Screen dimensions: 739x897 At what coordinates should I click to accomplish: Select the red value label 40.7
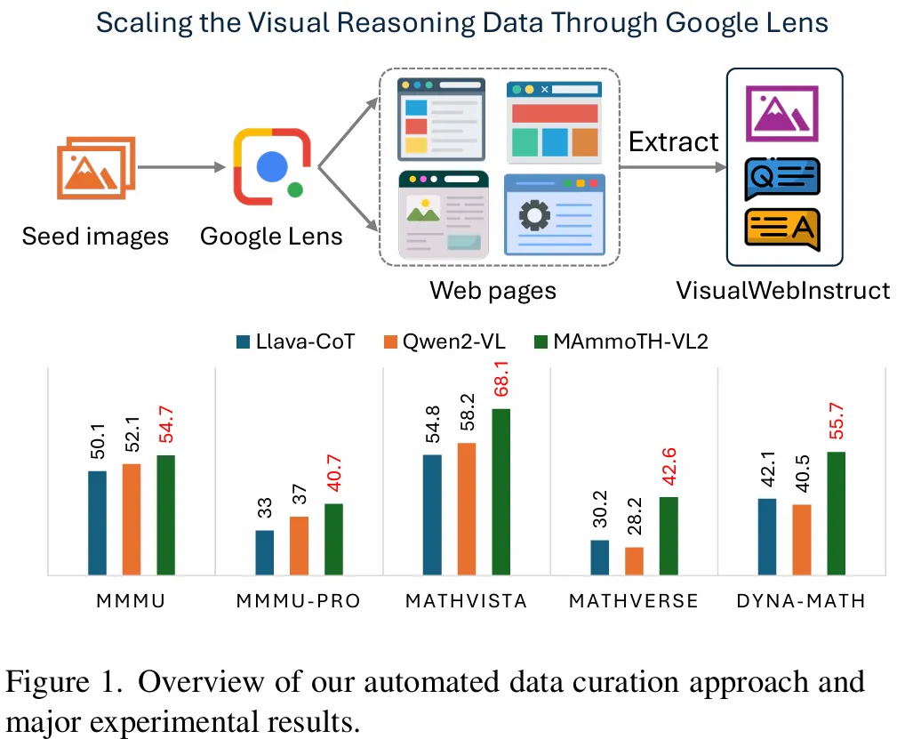point(333,477)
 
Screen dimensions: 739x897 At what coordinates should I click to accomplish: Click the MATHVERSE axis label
point(634,601)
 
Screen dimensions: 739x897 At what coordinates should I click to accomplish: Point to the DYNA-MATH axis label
point(801,601)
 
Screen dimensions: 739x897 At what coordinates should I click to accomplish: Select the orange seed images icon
point(94,167)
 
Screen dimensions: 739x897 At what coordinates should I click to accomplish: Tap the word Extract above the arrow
point(673,141)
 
